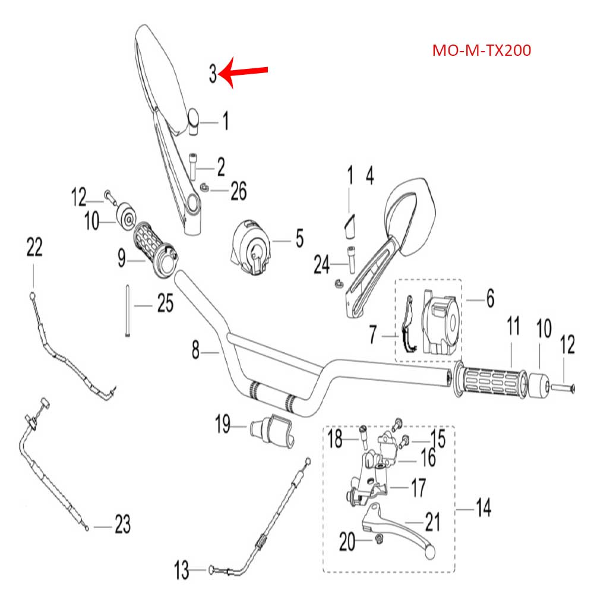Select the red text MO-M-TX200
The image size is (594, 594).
(x=481, y=50)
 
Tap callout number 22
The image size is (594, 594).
(x=35, y=247)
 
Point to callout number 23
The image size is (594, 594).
(x=122, y=525)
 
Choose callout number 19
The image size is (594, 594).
(x=223, y=425)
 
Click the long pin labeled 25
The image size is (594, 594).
(x=128, y=312)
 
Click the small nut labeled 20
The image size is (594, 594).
(x=378, y=539)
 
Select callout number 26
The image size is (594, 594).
(x=238, y=191)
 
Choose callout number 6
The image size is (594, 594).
(x=490, y=299)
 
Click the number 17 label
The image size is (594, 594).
(x=418, y=488)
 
